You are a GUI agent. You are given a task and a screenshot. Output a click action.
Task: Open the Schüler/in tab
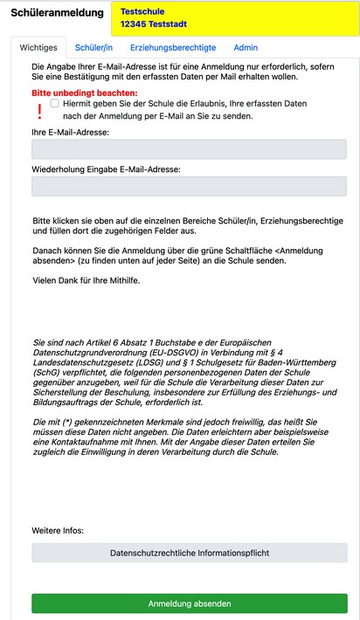[94, 47]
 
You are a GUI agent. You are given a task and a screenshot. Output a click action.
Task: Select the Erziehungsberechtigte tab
[174, 47]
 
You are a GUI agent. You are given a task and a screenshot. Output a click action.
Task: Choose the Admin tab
[246, 47]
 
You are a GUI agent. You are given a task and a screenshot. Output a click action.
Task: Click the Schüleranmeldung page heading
[52, 14]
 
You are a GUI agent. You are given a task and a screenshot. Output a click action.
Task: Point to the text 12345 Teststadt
[154, 26]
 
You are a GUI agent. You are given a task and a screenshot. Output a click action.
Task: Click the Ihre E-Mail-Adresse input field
[189, 149]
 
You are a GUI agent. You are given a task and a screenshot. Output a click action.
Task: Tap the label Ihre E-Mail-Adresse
[70, 132]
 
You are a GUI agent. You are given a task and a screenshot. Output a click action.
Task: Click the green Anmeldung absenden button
[189, 603]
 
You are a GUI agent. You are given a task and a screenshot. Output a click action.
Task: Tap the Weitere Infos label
[58, 530]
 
